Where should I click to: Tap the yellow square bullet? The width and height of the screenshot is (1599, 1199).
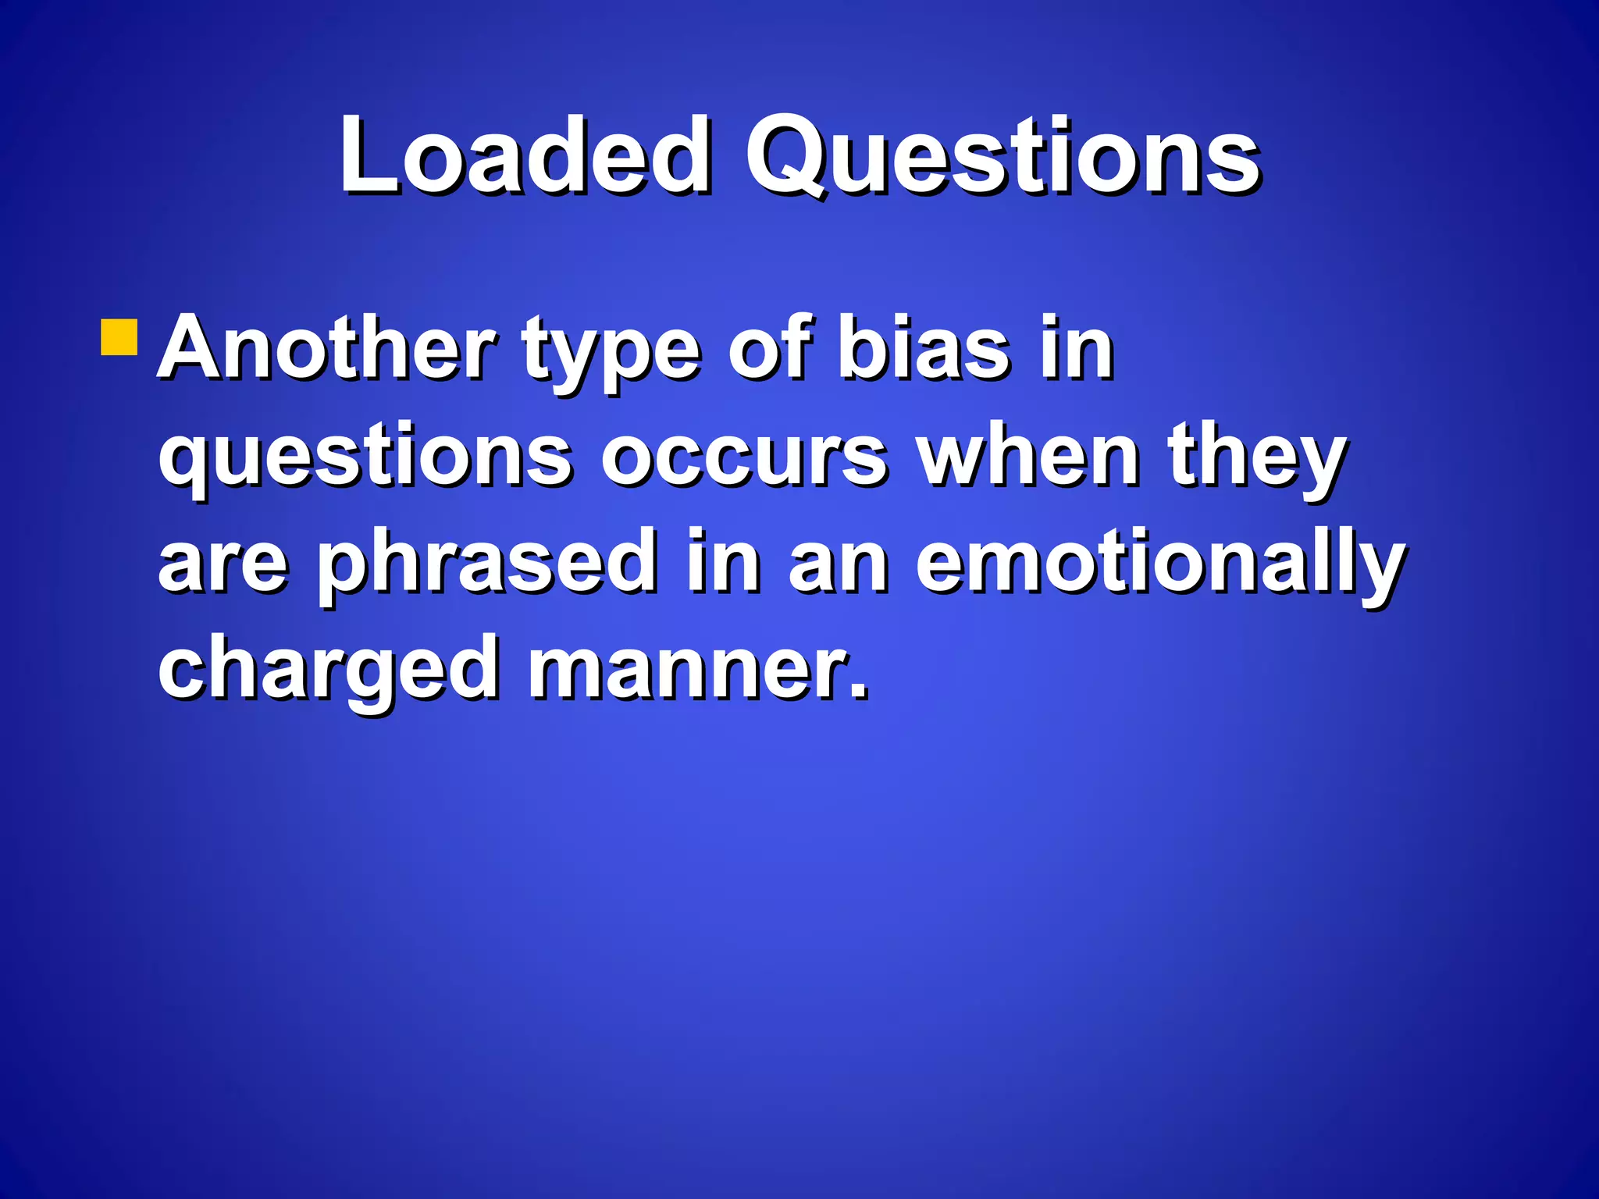(119, 336)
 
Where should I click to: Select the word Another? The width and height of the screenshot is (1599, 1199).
(327, 349)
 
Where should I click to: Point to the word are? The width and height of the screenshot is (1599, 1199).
(223, 564)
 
